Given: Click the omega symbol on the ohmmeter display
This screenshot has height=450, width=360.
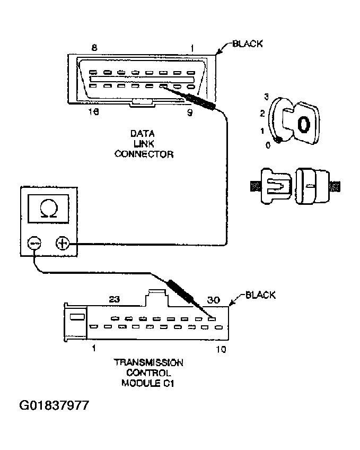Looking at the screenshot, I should point(49,210).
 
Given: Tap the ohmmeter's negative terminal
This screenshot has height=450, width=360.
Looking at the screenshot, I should point(34,244).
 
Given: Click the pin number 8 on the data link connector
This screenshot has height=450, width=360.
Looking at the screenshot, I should point(94,48).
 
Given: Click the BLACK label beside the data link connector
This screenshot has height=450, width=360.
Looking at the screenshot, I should point(248,44).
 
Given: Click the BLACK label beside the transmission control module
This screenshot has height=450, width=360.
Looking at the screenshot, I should point(260,296).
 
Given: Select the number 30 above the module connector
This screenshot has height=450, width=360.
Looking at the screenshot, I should point(214,300).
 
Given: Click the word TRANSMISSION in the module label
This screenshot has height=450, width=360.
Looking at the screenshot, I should point(148,363).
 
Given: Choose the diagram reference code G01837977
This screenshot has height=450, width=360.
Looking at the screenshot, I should point(54,406).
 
